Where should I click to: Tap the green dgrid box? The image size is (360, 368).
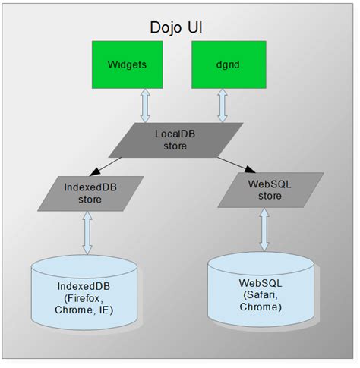[x=222, y=64]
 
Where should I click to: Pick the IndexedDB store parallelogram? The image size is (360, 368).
[x=92, y=193]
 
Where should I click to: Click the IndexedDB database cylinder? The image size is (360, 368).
[x=85, y=292]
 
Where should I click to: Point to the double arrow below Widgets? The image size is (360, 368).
[x=145, y=107]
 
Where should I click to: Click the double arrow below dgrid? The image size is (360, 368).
[x=222, y=107]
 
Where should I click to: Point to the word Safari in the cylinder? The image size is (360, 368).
[x=262, y=294]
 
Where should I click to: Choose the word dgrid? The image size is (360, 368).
[x=222, y=65]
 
